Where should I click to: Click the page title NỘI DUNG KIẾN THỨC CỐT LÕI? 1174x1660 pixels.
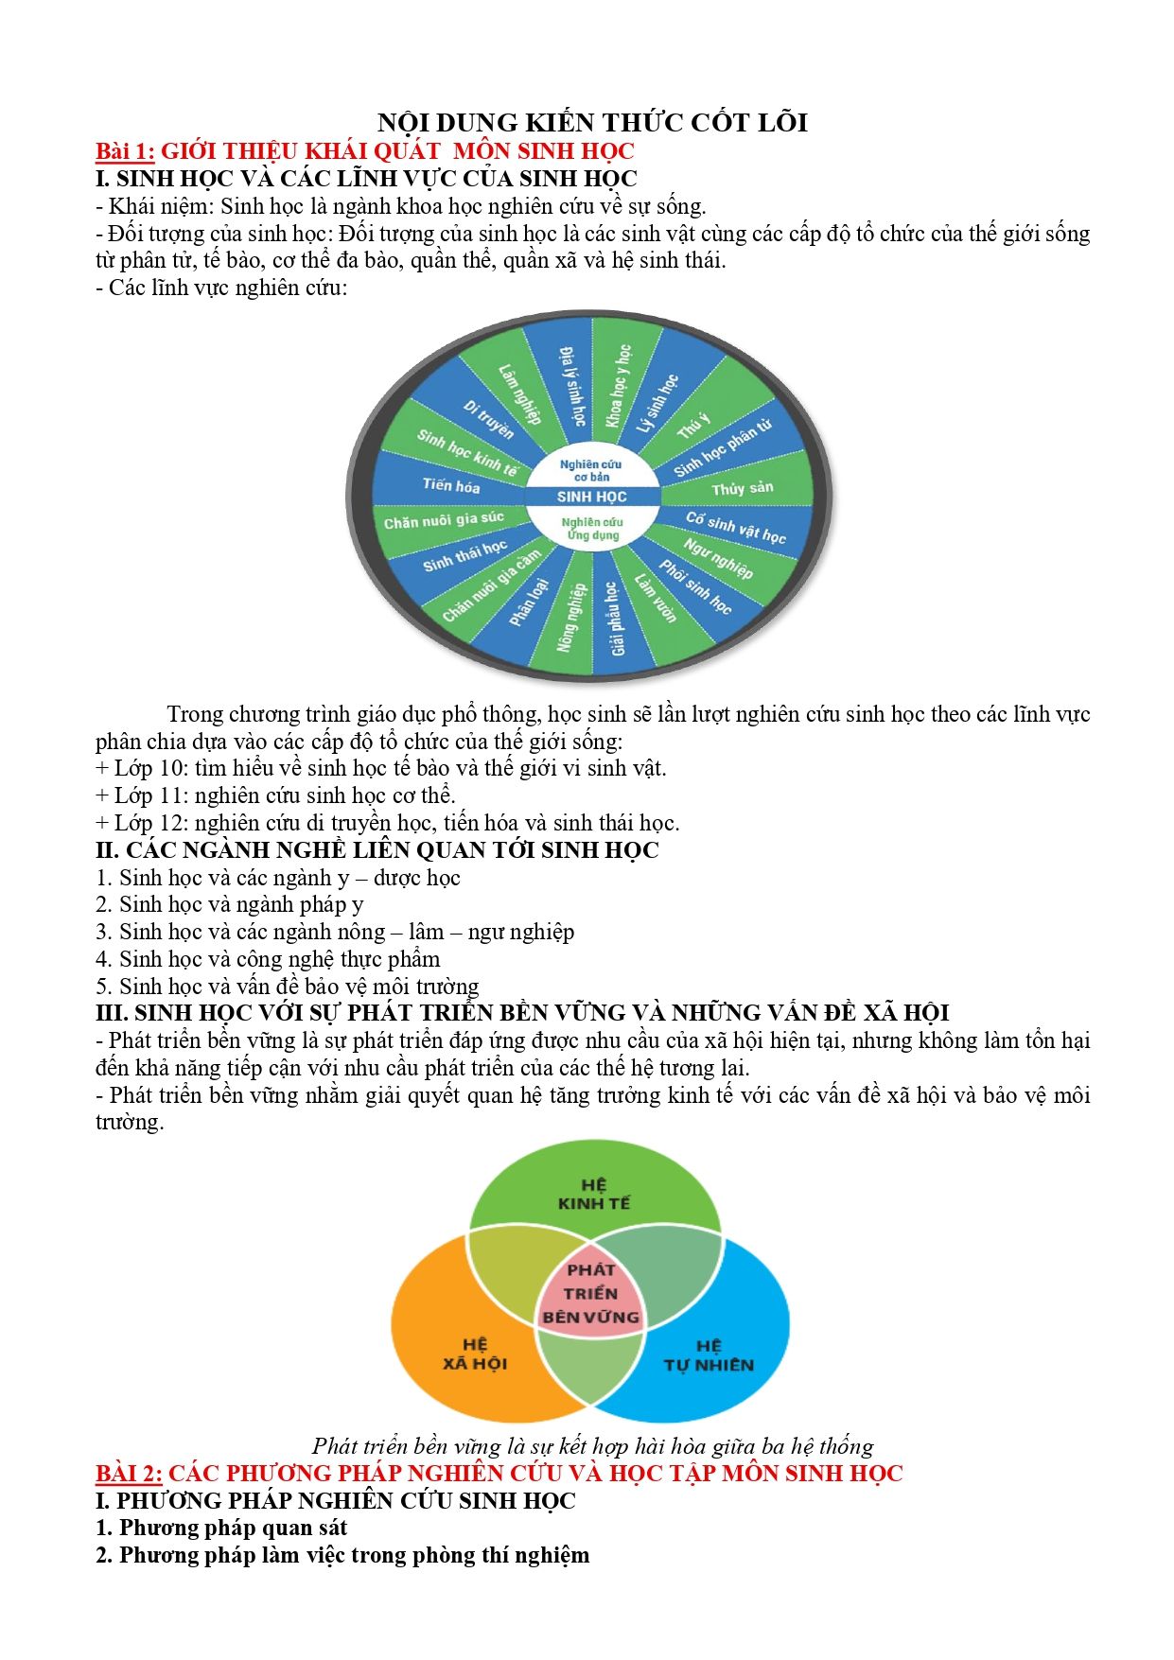(592, 123)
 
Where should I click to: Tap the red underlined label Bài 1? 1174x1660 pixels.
(125, 151)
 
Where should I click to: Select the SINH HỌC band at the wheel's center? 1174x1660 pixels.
(592, 497)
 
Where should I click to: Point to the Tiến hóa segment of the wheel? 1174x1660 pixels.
(451, 485)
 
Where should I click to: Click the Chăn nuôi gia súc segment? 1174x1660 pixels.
(444, 519)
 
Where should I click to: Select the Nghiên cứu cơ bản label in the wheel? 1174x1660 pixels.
(591, 470)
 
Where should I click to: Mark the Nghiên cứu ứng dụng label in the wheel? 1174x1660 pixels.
(592, 529)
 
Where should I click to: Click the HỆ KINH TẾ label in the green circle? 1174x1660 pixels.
(593, 1194)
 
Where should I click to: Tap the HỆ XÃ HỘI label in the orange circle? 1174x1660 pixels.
(475, 1354)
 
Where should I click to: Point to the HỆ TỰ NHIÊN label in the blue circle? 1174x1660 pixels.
(709, 1355)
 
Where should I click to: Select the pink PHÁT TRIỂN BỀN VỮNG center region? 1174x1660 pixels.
(591, 1293)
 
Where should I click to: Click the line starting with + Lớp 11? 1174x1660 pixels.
(275, 795)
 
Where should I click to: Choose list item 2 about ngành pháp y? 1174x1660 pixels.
(230, 904)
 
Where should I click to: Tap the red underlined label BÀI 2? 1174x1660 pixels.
(129, 1474)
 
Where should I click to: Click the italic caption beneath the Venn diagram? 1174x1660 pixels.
(592, 1446)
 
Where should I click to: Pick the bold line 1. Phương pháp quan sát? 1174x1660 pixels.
(221, 1528)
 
